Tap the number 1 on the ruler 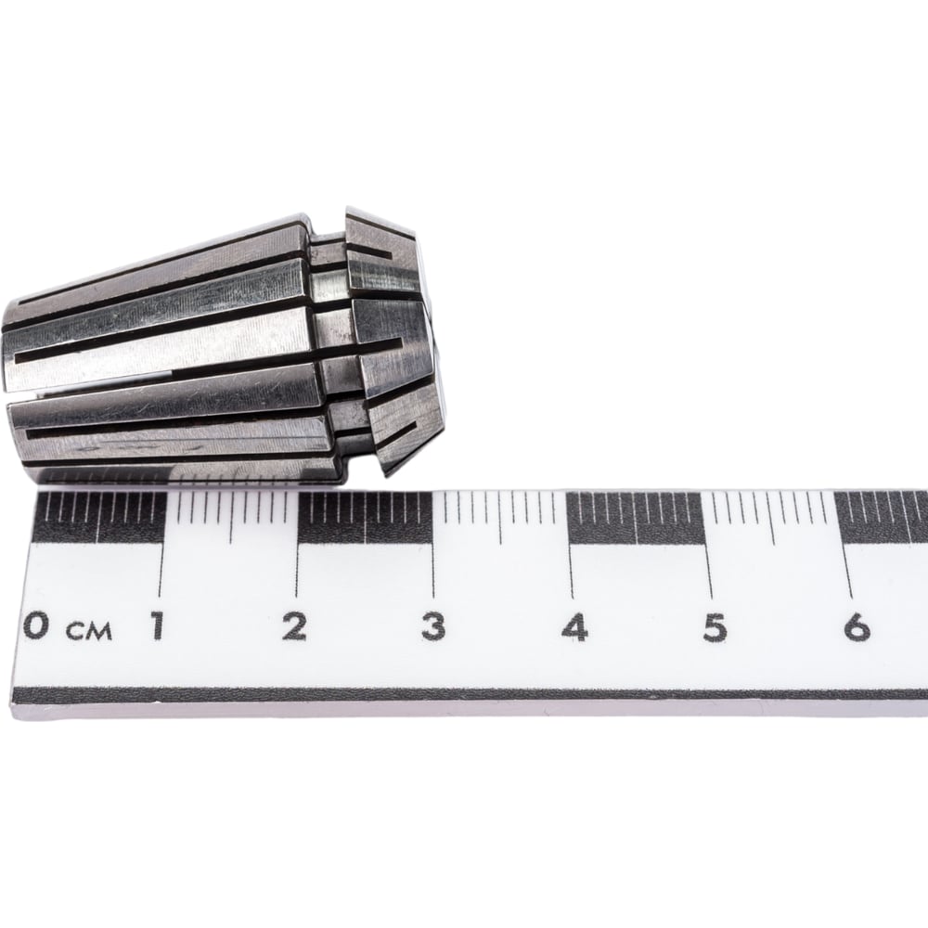click(157, 626)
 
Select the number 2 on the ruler click(294, 626)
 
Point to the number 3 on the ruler click(433, 626)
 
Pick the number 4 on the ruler click(574, 627)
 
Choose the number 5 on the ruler click(715, 627)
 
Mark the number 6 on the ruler click(857, 627)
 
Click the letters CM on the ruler click(89, 631)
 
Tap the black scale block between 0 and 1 click(99, 518)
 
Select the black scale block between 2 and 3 click(365, 519)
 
